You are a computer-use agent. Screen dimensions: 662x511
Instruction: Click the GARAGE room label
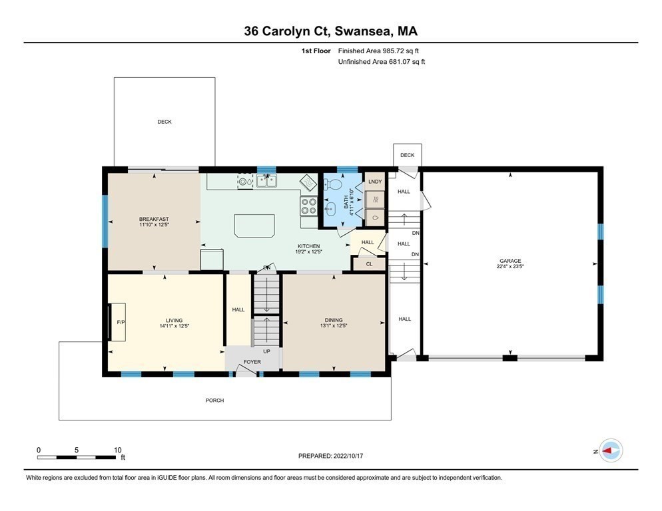click(510, 261)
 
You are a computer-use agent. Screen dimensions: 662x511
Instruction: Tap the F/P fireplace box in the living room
click(118, 322)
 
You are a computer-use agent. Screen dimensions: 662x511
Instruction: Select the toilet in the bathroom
click(333, 184)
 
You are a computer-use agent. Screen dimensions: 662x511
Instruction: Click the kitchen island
click(254, 226)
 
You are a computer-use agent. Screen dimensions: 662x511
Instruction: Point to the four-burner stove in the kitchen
click(308, 206)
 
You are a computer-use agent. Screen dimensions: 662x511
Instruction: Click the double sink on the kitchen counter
click(266, 181)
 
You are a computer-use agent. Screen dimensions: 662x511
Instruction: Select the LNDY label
click(375, 182)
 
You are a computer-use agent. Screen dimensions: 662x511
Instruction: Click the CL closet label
click(370, 264)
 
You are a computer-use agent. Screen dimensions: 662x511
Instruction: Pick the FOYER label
click(252, 362)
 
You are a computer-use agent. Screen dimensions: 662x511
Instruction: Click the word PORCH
click(214, 401)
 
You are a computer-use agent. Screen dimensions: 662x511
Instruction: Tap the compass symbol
click(611, 450)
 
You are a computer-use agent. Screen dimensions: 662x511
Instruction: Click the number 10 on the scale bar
click(117, 450)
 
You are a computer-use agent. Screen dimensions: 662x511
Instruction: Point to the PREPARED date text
click(330, 456)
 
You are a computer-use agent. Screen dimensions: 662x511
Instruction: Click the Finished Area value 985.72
click(394, 51)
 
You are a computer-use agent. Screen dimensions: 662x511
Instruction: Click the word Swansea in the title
click(363, 31)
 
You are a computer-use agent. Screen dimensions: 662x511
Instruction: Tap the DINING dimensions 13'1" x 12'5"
click(334, 326)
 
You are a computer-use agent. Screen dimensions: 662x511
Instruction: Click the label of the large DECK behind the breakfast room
click(165, 122)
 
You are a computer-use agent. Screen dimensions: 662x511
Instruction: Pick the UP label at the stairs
click(267, 351)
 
